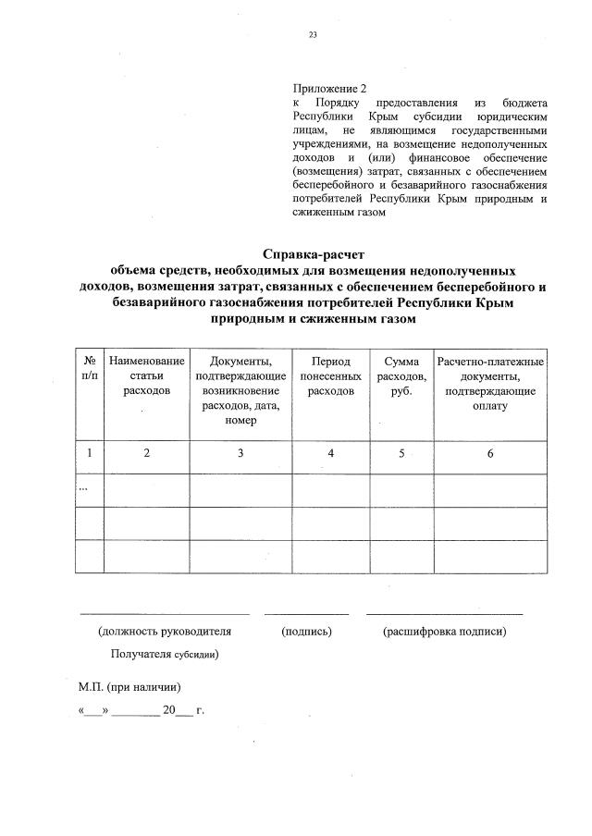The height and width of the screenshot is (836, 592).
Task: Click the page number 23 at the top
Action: [x=312, y=36]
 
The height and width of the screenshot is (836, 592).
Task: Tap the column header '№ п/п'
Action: [x=90, y=368]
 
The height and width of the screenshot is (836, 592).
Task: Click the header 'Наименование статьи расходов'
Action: [x=146, y=375]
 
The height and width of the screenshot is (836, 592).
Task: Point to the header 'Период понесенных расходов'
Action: [x=331, y=375]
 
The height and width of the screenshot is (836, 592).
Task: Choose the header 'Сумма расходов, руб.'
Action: [x=402, y=375]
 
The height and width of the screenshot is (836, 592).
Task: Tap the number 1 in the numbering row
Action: [x=90, y=453]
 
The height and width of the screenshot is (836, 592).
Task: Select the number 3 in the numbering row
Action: [x=240, y=453]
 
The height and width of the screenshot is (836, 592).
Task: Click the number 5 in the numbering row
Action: [x=402, y=453]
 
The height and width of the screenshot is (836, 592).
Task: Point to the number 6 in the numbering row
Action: [x=490, y=453]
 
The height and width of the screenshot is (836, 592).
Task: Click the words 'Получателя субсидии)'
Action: [x=165, y=654]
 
